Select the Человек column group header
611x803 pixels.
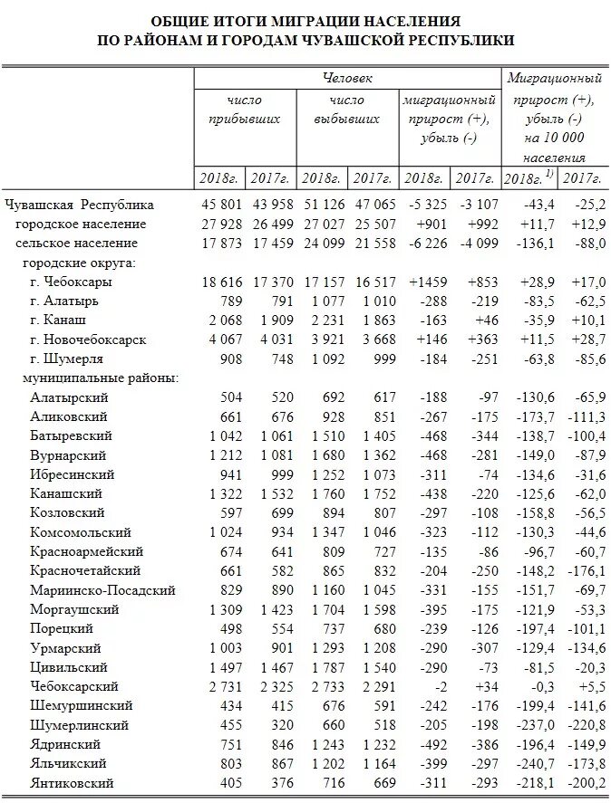pos(347,80)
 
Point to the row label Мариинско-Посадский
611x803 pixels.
pos(103,589)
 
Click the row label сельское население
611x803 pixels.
pos(77,244)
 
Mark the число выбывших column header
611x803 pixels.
pos(347,110)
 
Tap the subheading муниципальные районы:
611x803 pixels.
pos(99,378)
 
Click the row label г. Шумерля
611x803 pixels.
pos(66,359)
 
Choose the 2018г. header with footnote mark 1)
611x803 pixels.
pos(528,178)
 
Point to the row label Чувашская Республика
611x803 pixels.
pos(79,205)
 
